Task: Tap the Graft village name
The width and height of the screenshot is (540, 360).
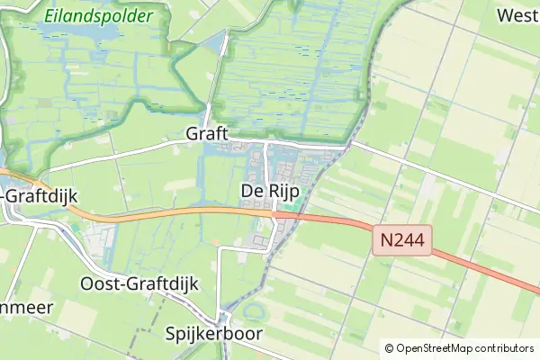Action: (x=207, y=133)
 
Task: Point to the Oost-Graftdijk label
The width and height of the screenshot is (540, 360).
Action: (x=139, y=283)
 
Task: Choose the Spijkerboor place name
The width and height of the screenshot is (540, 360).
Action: (x=214, y=334)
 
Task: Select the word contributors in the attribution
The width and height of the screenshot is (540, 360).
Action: (x=503, y=348)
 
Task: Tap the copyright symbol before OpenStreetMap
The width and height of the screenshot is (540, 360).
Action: (x=389, y=348)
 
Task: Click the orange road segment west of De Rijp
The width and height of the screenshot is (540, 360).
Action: (x=162, y=213)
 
